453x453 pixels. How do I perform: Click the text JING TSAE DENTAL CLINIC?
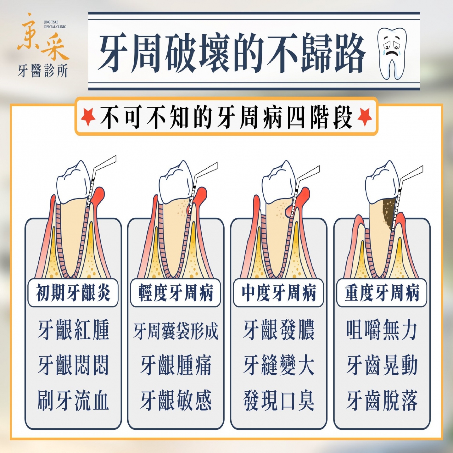55,25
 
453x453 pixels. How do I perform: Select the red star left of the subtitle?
88,117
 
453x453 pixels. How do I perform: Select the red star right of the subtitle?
365,117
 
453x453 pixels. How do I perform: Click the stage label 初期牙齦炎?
73,293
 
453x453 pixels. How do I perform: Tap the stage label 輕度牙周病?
176,293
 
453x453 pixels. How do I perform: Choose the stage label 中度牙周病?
279,293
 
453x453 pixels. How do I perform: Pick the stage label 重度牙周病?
382,293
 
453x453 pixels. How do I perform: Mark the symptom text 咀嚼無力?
382,329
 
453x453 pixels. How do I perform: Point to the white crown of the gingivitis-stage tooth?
73,182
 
